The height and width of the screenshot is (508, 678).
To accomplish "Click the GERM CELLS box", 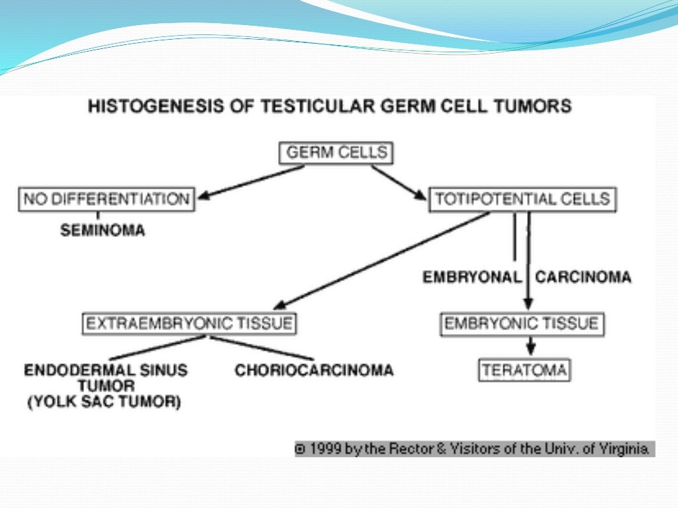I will pos(336,153).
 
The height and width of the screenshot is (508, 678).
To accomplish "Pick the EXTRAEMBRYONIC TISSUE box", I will pos(189,323).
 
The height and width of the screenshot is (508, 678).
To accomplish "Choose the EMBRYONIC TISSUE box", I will pos(522,323).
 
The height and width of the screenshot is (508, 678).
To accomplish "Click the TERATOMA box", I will pos(524,370).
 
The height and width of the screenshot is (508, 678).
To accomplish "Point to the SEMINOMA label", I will pos(103,231).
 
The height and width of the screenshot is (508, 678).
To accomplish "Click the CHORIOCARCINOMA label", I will pos(314,370).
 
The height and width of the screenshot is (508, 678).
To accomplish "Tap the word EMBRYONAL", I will pos(472,277).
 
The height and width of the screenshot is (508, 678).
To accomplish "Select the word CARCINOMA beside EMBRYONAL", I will pos(583,277).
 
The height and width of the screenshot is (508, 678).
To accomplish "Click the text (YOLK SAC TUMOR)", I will pos(104,402).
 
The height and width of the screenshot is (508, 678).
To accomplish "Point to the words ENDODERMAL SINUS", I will pos(106,370).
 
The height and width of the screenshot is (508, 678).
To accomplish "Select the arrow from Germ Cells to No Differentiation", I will pos(252,181).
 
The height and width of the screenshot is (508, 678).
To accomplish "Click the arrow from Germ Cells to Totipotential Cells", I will pos(399,182).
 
